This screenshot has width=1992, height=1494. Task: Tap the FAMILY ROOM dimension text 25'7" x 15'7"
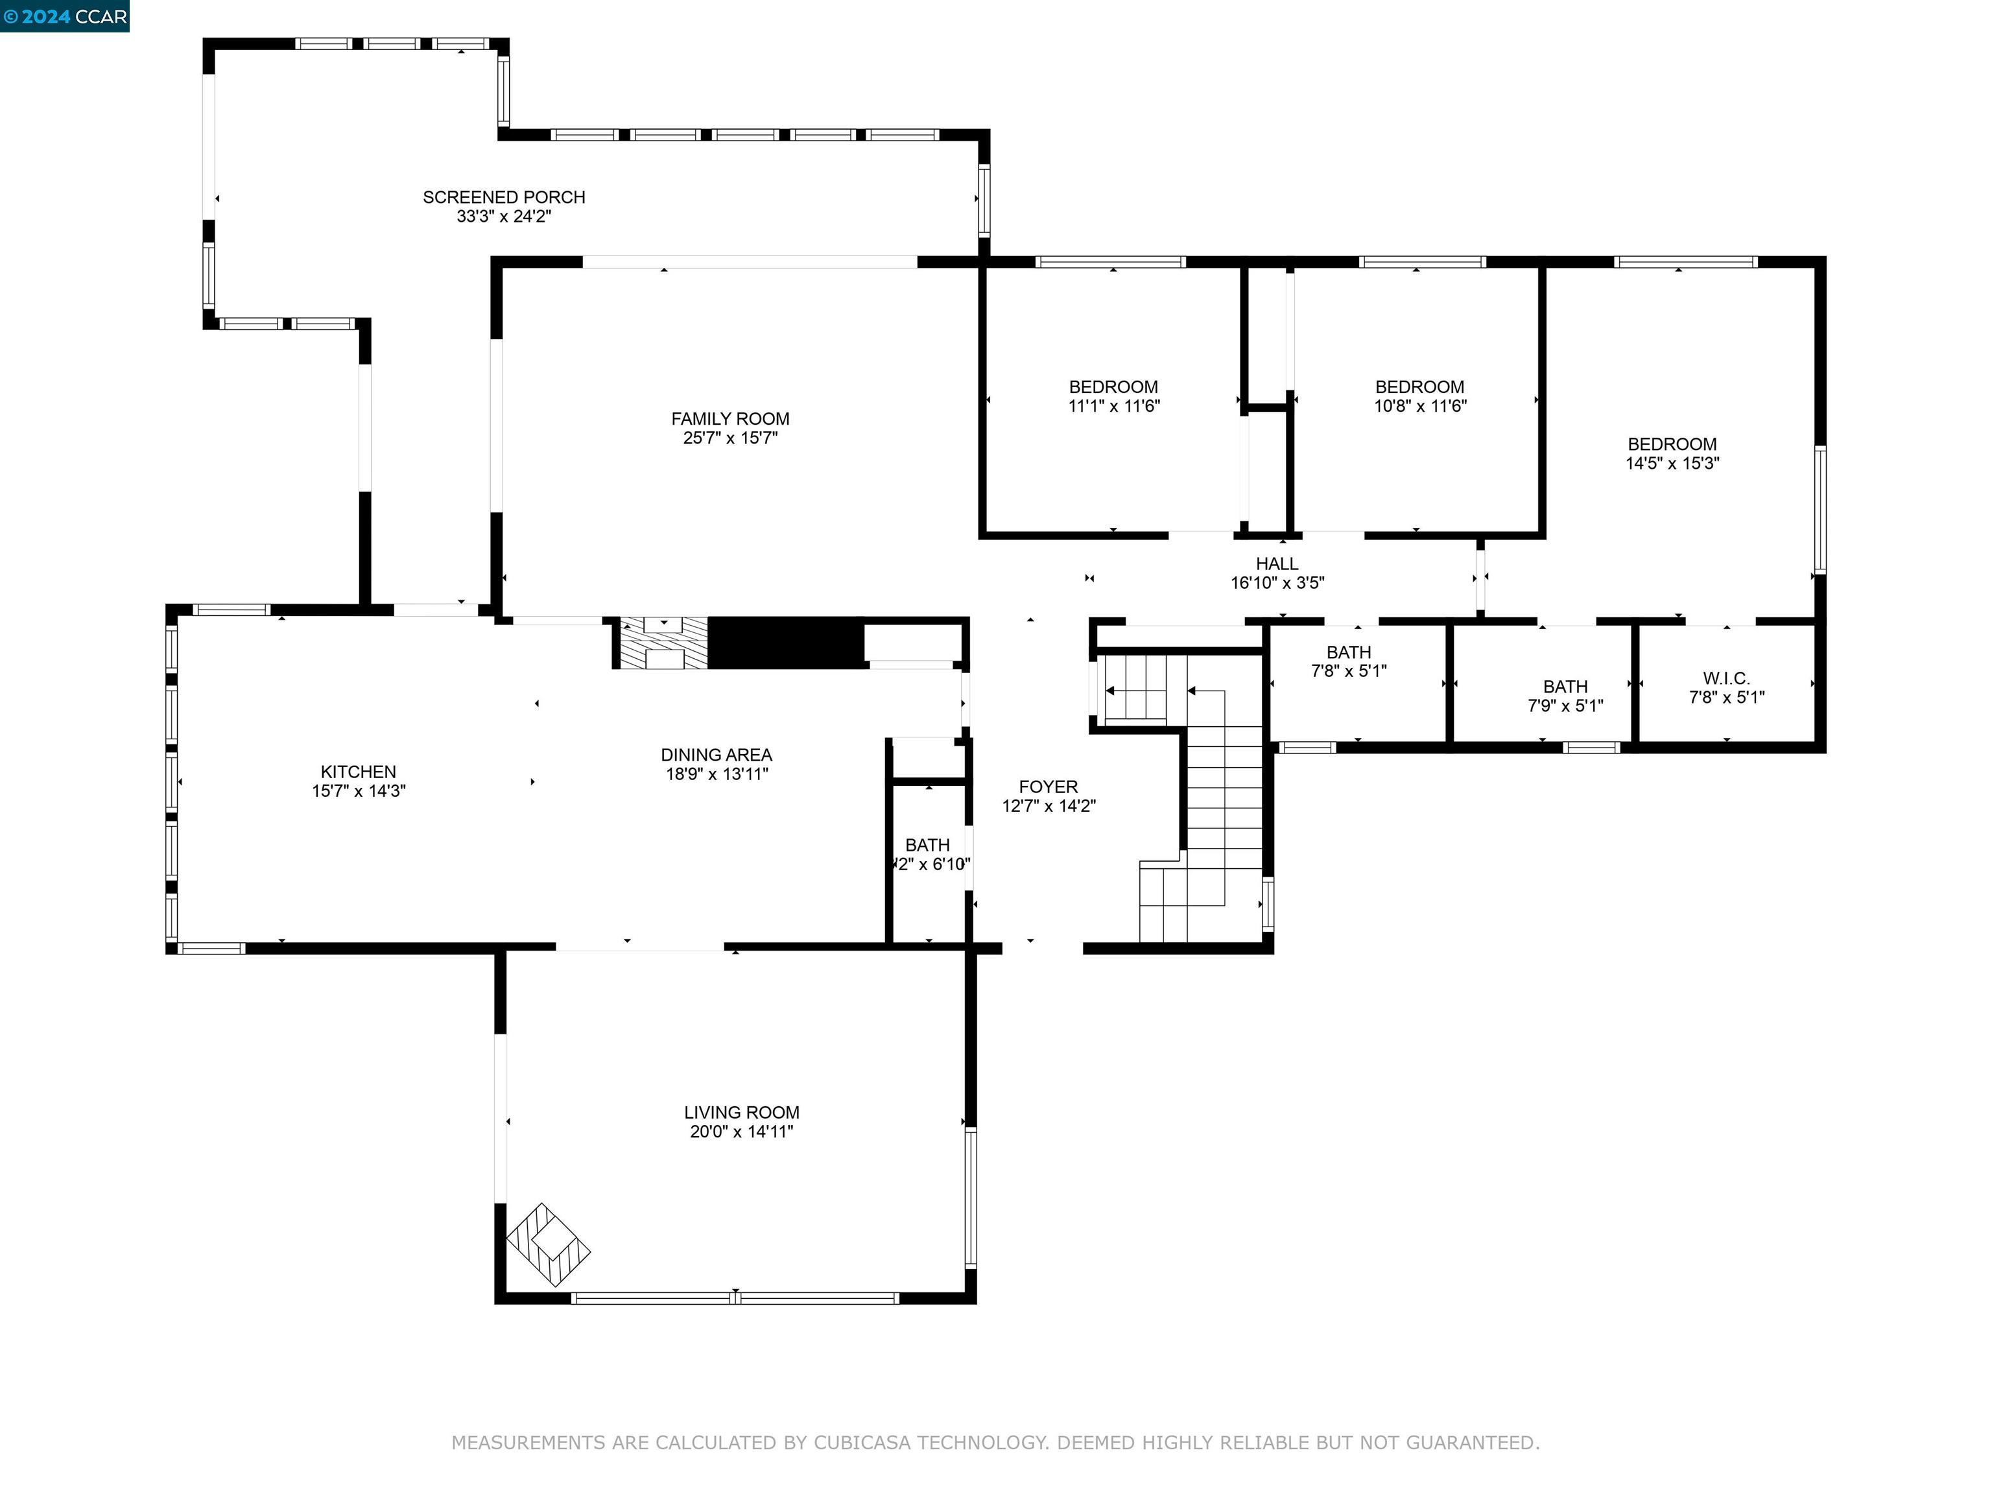pyautogui.click(x=729, y=438)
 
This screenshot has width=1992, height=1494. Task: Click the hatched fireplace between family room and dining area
pyautogui.click(x=663, y=643)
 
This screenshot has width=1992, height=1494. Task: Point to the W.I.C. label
pyautogui.click(x=1725, y=678)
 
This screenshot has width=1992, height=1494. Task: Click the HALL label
pyautogui.click(x=1276, y=563)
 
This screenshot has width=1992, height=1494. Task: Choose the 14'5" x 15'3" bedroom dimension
pyautogui.click(x=1672, y=464)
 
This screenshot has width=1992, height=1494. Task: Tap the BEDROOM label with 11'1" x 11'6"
pyautogui.click(x=1113, y=387)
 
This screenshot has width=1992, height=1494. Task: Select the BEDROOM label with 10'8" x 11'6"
pyautogui.click(x=1419, y=387)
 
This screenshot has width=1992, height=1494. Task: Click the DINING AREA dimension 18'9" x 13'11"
pyautogui.click(x=716, y=774)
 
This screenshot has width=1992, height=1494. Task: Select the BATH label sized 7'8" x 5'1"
pyautogui.click(x=1348, y=652)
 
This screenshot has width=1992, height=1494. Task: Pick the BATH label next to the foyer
pyautogui.click(x=927, y=846)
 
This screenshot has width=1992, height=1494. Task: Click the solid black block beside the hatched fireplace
pyautogui.click(x=785, y=643)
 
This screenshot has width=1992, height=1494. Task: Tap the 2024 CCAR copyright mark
pyautogui.click(x=64, y=16)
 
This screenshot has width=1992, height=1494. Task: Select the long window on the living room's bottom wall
pyautogui.click(x=735, y=1298)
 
